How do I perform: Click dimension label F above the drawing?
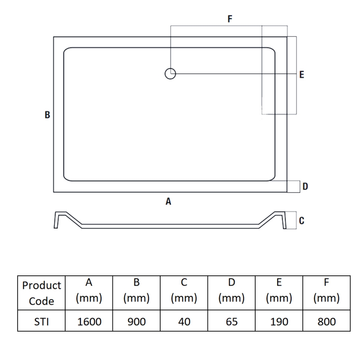[x=230, y=18]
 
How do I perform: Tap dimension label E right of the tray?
[x=301, y=75]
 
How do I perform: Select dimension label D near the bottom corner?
[x=305, y=186]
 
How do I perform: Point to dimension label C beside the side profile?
[x=301, y=220]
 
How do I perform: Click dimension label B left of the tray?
[x=47, y=115]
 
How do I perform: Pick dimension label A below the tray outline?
[x=168, y=201]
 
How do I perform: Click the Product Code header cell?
[x=41, y=293]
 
